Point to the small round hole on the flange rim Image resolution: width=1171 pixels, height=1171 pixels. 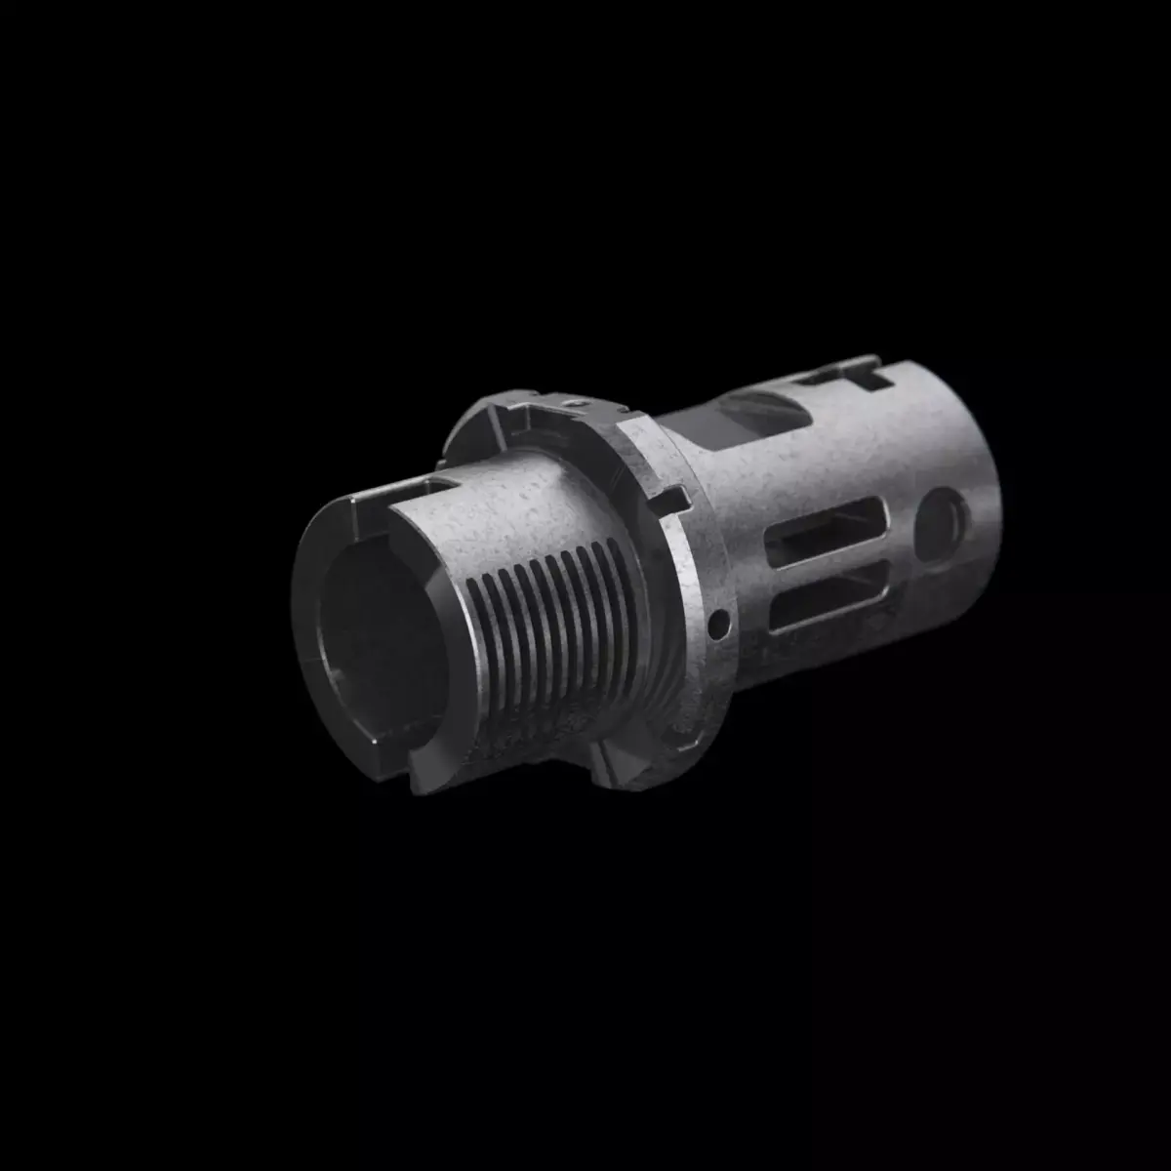point(719,619)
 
